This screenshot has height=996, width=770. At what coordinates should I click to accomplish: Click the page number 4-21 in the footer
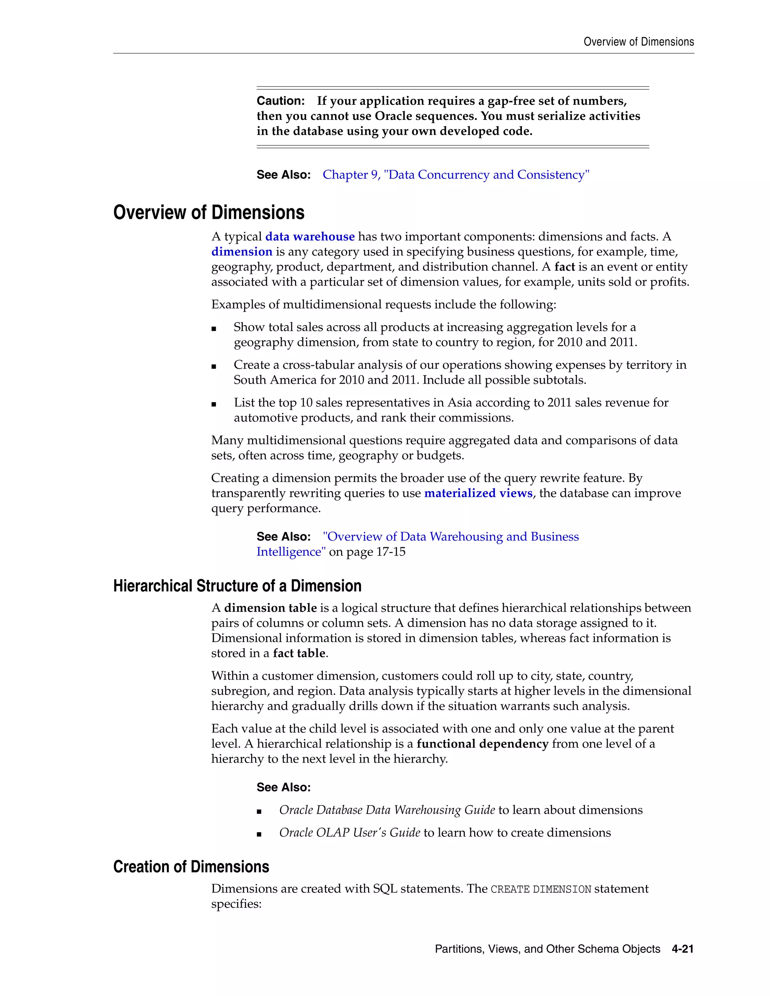coord(682,949)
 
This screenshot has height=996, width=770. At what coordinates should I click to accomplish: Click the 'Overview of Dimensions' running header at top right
coord(639,42)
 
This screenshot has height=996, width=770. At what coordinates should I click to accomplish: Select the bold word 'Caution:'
coord(280,101)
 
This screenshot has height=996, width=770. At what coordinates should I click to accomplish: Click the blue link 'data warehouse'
coord(310,237)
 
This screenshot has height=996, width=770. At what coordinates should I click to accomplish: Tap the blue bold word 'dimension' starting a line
coord(242,252)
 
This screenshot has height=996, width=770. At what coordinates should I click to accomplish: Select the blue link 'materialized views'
coord(478,493)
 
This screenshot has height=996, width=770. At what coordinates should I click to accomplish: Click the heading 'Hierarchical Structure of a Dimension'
coord(237,586)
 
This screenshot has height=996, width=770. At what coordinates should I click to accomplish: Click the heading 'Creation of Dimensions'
coord(191,866)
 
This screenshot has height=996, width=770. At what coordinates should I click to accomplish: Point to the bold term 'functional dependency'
coord(482,744)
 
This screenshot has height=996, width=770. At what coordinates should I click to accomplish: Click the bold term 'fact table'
coord(299,653)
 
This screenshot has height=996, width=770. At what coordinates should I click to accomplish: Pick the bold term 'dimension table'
coord(270,608)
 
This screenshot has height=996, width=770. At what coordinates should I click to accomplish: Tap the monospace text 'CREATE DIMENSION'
coord(541,889)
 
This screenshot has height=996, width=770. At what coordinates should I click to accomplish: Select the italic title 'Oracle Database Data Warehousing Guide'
coord(387,810)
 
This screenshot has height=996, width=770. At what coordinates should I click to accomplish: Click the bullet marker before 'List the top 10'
coord(214,404)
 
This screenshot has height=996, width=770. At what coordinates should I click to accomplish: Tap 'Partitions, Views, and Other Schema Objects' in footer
coord(547,949)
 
